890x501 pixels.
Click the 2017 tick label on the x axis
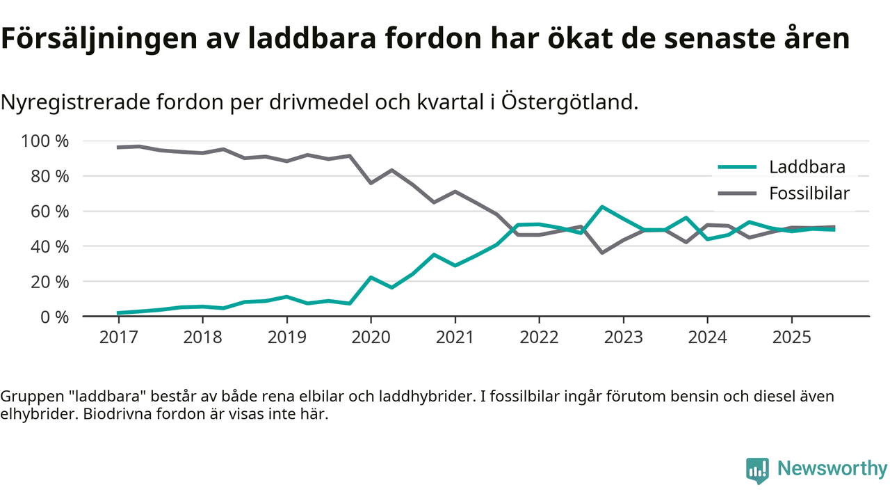118,337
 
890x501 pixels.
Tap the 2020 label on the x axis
371,337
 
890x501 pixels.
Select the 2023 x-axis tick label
623,337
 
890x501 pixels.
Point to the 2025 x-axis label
791,337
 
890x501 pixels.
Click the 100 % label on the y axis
46,141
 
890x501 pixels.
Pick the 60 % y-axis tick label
51,212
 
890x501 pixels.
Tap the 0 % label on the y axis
56,317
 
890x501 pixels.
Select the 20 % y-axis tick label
51,282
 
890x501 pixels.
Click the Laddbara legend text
807,167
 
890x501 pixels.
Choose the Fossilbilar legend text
809,193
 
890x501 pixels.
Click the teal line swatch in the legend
736,167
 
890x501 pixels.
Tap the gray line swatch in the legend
736,193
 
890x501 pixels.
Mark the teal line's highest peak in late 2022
601,207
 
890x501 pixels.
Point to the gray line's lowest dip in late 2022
601,253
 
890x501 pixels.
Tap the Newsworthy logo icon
757,470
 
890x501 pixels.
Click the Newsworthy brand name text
832,469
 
